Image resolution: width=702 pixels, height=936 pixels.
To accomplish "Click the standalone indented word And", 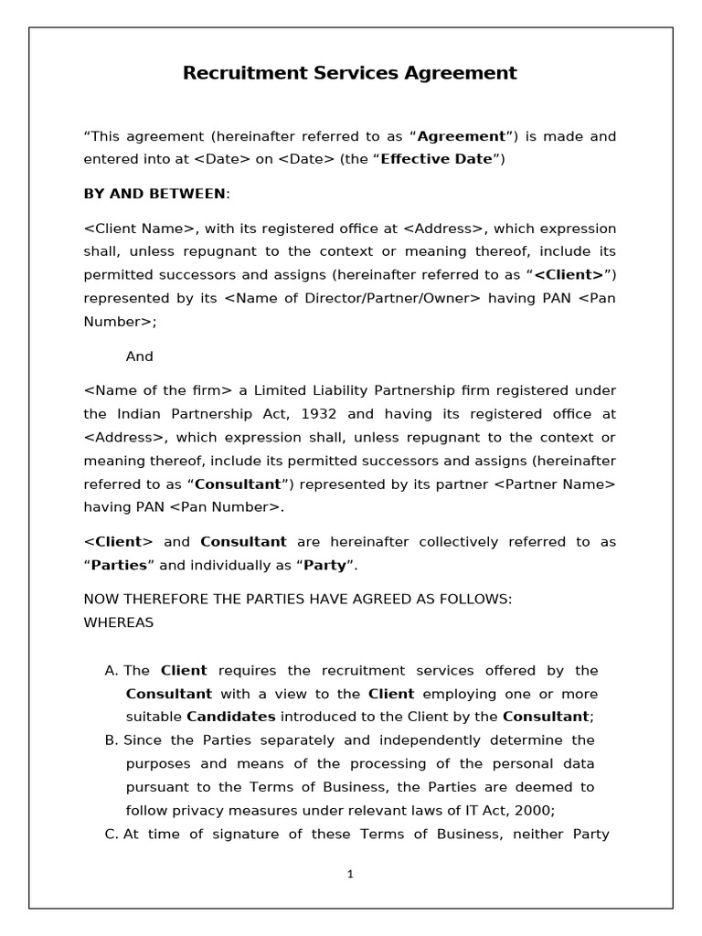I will point(139,356).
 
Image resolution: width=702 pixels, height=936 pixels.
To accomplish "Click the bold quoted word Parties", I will point(120,565).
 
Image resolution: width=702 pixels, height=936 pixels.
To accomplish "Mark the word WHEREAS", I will point(119,622).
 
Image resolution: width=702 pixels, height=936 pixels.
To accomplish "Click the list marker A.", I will point(112,670).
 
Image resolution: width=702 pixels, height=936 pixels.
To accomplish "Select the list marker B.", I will point(112,739).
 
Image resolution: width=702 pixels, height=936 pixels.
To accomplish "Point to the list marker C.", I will point(112,834).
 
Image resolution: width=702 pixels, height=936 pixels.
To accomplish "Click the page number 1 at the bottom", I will point(350,874).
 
